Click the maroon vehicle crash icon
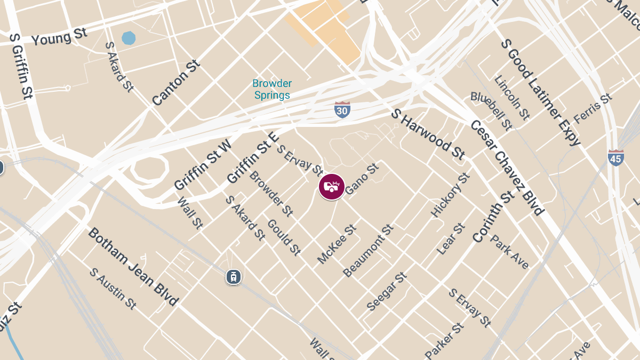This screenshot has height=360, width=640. pyautogui.click(x=332, y=187)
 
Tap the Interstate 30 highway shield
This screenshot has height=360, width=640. pyautogui.click(x=342, y=109)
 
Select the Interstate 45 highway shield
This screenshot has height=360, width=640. pyautogui.click(x=616, y=157)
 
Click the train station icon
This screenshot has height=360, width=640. pyautogui.click(x=233, y=276)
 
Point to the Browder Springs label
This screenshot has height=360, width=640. pyautogui.click(x=272, y=90)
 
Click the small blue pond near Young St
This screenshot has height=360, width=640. pyautogui.click(x=129, y=38)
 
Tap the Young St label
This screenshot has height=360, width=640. pyautogui.click(x=59, y=37)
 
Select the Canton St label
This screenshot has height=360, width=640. pyautogui.click(x=176, y=82)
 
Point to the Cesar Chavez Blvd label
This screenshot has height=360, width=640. pyautogui.click(x=507, y=167)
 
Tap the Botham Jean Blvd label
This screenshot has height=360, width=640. pyautogui.click(x=133, y=266)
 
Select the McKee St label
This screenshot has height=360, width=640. pyautogui.click(x=337, y=244)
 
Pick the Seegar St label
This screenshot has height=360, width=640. pyautogui.click(x=387, y=292)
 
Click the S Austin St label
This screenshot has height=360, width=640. pyautogui.click(x=113, y=289)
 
